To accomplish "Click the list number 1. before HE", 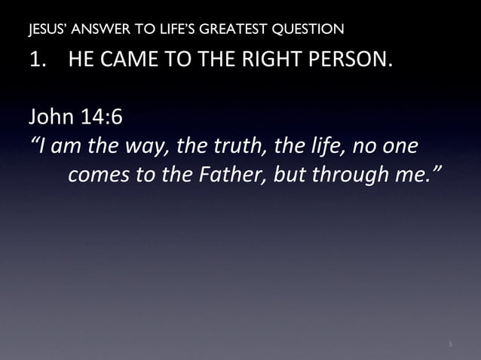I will coord(38,60).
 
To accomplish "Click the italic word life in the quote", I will coord(308,145).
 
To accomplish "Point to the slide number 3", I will coord(449,345).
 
